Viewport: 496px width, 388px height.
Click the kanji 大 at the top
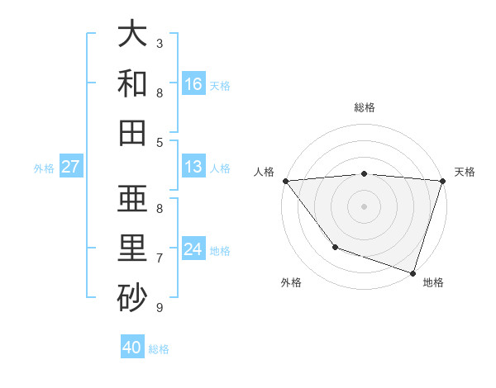(132, 34)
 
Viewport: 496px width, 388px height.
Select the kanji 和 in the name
(132, 83)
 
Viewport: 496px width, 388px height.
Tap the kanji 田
(132, 132)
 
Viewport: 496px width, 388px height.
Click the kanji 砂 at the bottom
(132, 298)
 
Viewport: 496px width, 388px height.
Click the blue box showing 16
(193, 83)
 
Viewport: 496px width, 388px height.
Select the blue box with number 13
(193, 167)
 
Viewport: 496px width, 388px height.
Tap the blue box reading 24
(193, 248)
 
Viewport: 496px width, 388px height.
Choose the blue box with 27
(70, 167)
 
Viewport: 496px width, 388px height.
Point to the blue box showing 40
(132, 348)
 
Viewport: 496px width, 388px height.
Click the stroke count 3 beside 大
(160, 43)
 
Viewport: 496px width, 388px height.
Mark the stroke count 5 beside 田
(160, 142)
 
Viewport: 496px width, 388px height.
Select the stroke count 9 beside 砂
(160, 308)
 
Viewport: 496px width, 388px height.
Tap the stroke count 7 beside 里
(160, 258)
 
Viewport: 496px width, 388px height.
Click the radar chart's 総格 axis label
(365, 107)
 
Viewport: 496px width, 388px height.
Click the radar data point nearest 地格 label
(413, 272)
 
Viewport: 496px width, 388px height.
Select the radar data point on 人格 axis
(285, 180)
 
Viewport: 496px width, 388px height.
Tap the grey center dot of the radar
(364, 206)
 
